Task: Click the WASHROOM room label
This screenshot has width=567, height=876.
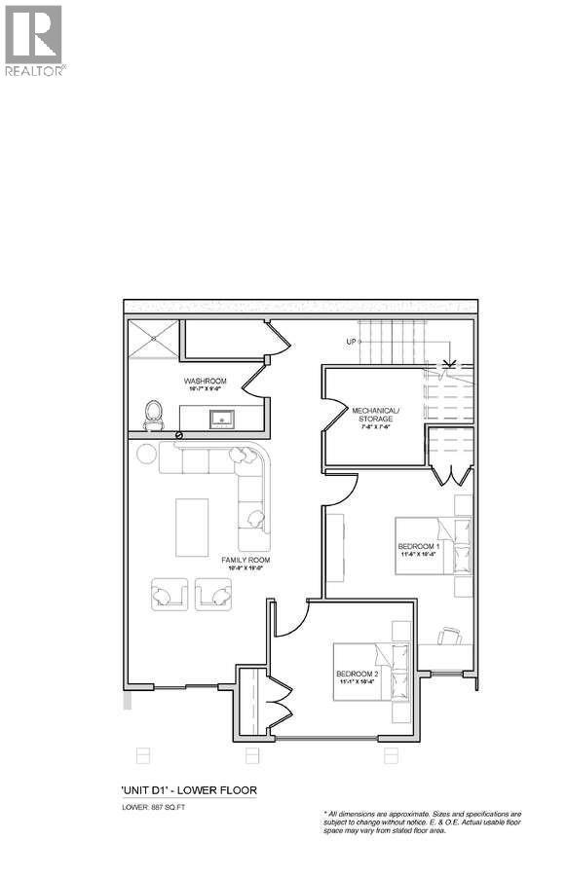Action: tap(206, 382)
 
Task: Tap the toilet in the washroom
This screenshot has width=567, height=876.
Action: tap(153, 416)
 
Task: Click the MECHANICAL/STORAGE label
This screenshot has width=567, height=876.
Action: tap(373, 415)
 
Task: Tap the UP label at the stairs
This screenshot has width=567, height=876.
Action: tap(351, 342)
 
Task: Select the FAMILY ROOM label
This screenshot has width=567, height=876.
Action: tap(246, 561)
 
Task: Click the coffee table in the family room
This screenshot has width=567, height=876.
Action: tap(192, 526)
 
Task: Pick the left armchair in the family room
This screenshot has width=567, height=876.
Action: tap(170, 594)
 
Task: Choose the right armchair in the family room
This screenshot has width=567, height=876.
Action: tap(213, 594)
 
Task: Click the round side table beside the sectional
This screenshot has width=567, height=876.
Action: tap(146, 453)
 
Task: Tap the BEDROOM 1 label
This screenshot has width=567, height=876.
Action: tap(420, 547)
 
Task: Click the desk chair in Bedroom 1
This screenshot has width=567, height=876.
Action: tap(449, 636)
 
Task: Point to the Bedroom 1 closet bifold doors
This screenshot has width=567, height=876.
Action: tap(449, 474)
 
